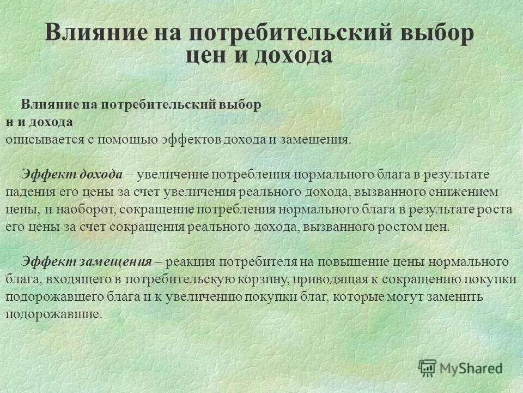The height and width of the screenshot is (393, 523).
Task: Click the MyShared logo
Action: (460, 367)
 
